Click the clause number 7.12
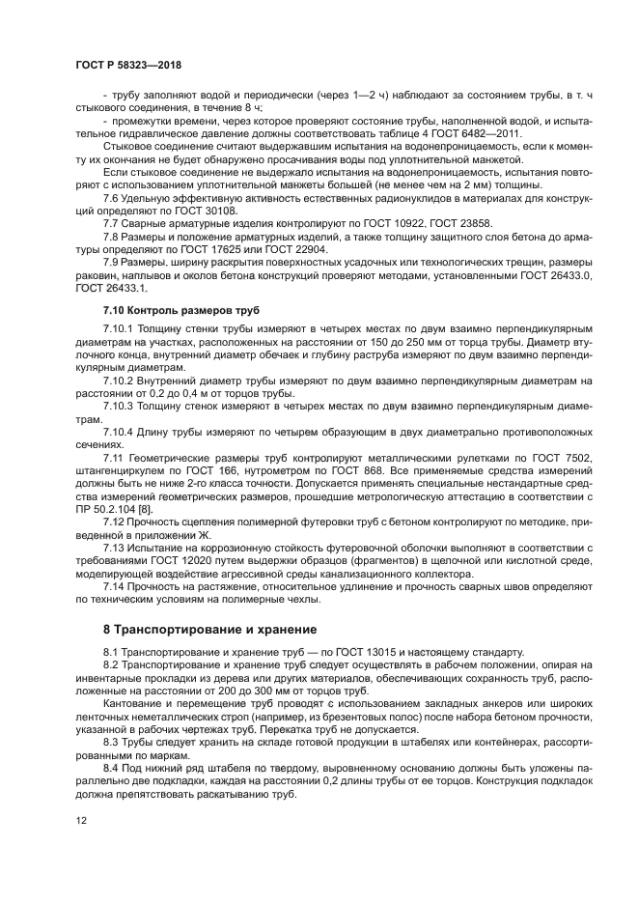click(x=116, y=521)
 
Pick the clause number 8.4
click(x=112, y=753)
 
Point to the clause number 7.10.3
click(x=121, y=407)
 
